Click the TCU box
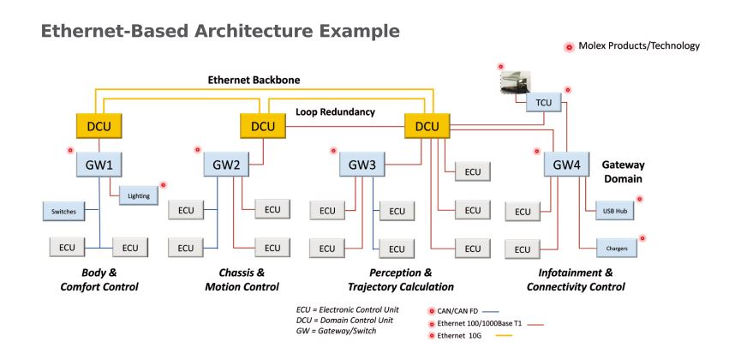coord(544,102)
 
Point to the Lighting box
coord(139,196)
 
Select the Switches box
coord(64,211)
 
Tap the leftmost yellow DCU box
coord(99,127)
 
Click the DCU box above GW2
coord(262,127)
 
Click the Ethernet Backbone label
coord(254,80)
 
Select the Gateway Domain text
coord(623,172)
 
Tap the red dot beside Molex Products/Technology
coord(569,47)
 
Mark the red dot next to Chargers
coord(642,238)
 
